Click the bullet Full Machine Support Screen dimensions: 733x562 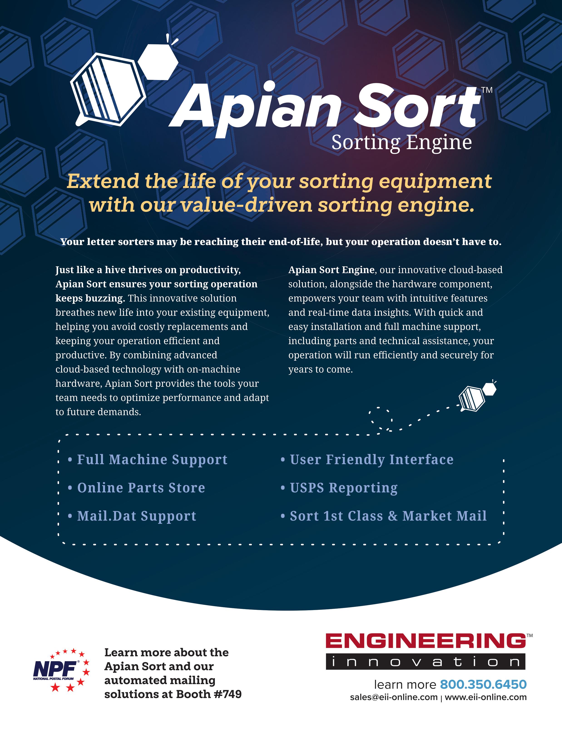pos(152,459)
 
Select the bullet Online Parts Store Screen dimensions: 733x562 pos(141,488)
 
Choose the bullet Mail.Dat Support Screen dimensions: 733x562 pos(136,516)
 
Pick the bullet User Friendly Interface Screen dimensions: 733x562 pos(371,459)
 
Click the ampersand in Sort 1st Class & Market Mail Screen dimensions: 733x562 pos(393,516)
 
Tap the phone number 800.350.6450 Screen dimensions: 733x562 pos(483,684)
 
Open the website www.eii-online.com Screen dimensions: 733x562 pos(486,697)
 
